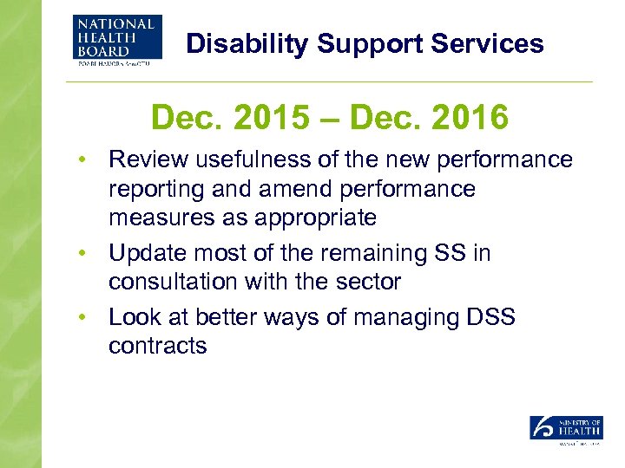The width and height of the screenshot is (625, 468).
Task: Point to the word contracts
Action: coord(157,347)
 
